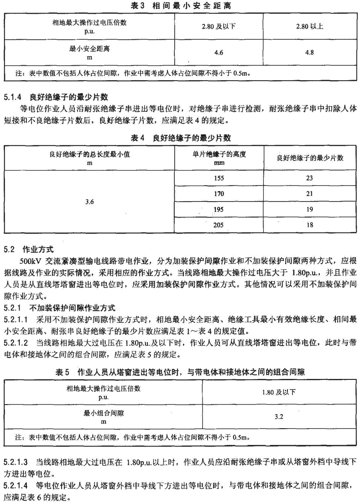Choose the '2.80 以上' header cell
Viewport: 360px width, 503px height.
pyautogui.click(x=309, y=26)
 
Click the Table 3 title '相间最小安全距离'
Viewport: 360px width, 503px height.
pyautogui.click(x=179, y=5)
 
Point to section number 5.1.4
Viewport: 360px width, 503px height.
pyautogui.click(x=13, y=97)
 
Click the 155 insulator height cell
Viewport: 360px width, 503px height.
pyautogui.click(x=219, y=178)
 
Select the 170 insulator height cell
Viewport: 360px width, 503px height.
pyautogui.click(x=219, y=194)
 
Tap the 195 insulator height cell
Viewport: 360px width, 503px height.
pyautogui.click(x=219, y=209)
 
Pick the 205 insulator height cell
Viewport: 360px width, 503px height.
pyautogui.click(x=219, y=225)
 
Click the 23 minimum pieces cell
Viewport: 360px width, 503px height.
pyautogui.click(x=310, y=178)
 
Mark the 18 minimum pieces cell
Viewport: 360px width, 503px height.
pyautogui.click(x=310, y=225)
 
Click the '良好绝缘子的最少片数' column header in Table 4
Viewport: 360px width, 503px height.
pyautogui.click(x=310, y=158)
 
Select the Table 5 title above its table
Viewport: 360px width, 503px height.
pyautogui.click(x=179, y=372)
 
